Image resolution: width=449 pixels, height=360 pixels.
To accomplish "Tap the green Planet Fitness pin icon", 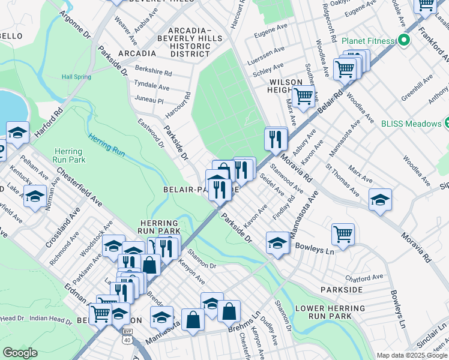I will point(404,41).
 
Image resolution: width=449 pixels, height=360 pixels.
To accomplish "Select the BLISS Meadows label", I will point(411,124).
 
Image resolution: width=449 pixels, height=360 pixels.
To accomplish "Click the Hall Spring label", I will point(76,77).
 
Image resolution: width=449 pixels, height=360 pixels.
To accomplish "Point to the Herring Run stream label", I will point(106,145).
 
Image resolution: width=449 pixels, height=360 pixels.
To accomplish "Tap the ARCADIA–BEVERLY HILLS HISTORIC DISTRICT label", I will point(190,42).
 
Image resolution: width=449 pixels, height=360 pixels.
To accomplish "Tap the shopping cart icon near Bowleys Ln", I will point(343,233).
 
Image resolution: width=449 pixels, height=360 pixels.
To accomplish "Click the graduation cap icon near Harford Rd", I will point(18,133).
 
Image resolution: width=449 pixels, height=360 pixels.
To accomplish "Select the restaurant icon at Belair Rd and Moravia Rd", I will point(276,140).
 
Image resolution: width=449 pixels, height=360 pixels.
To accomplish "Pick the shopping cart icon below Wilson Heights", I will point(304,95).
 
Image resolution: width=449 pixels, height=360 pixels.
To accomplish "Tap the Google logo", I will point(20,353).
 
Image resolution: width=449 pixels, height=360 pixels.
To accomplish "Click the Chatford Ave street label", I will point(364,278).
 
